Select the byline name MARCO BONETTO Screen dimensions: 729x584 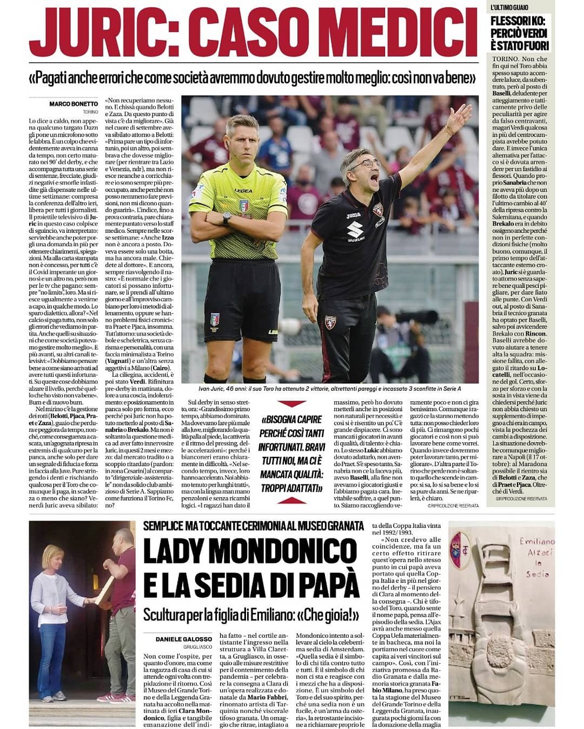pos(74,104)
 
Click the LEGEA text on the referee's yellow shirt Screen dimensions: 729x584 pos(243,191)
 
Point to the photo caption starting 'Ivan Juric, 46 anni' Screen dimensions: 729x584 pos(330,388)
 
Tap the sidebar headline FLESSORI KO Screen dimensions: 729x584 pos(520,33)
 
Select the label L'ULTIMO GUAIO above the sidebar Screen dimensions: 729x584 pos(509,7)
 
